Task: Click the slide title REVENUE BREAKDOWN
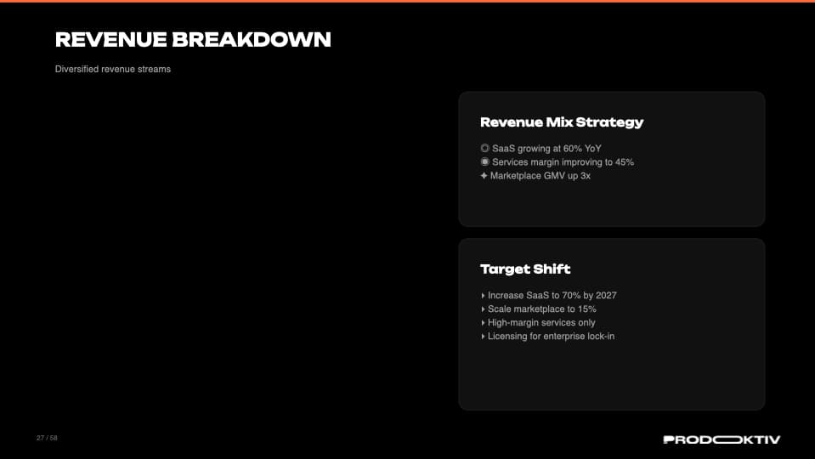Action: [193, 39]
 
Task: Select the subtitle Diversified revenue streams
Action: [113, 69]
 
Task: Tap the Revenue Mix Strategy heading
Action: [562, 122]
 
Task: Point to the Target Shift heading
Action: [525, 269]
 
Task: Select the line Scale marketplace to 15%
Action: [541, 309]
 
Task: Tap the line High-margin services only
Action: [541, 323]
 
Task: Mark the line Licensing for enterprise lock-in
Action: [551, 337]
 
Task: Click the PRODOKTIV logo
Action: [722, 439]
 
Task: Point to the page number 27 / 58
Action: [47, 438]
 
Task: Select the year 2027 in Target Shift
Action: [606, 296]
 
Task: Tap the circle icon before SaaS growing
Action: [484, 149]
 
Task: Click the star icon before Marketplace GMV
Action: [484, 176]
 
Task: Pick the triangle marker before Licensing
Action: [483, 337]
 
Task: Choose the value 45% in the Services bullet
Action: [625, 162]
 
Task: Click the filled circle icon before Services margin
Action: [484, 162]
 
